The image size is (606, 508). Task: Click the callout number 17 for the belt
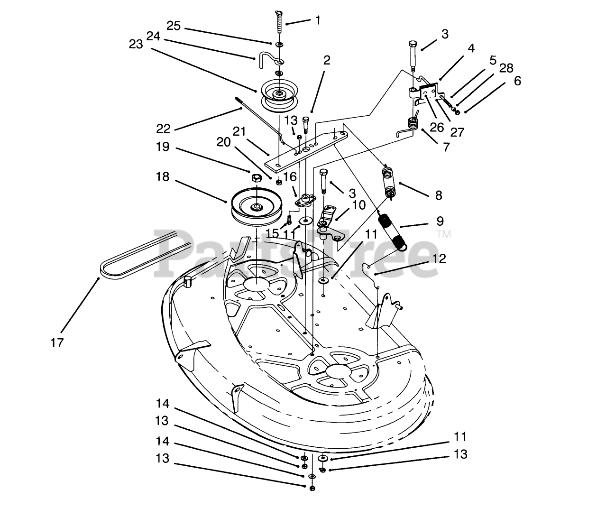(57, 343)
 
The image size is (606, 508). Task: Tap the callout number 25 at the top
(174, 26)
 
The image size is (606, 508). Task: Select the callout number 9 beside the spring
(440, 221)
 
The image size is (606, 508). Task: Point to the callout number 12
(439, 259)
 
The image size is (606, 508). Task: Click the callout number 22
(163, 129)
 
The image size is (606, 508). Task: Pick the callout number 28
(506, 68)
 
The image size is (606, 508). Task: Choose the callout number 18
(163, 176)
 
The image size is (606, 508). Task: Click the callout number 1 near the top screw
(318, 20)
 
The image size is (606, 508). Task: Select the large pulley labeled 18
(257, 208)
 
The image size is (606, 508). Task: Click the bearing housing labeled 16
(305, 200)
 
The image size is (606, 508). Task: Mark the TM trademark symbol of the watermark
(444, 234)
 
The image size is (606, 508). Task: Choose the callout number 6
(517, 81)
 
